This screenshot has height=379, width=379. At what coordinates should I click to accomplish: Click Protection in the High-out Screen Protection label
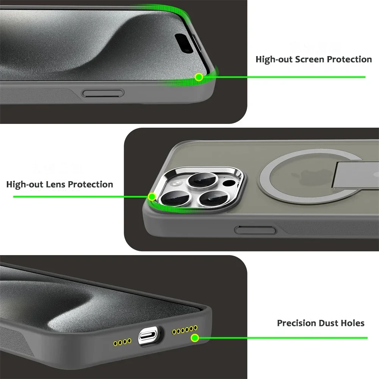[349, 60]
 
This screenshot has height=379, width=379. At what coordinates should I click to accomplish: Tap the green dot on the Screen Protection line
[198, 77]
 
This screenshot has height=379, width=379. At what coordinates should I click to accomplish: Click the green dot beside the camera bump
[152, 197]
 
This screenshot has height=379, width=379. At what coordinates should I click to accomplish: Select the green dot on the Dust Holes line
[195, 338]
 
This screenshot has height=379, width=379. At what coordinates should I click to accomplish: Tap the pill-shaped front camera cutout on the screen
[187, 43]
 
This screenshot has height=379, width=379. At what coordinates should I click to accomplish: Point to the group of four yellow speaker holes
[122, 342]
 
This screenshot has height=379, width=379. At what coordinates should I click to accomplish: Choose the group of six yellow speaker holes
[185, 329]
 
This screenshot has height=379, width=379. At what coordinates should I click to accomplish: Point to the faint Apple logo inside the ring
[299, 177]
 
